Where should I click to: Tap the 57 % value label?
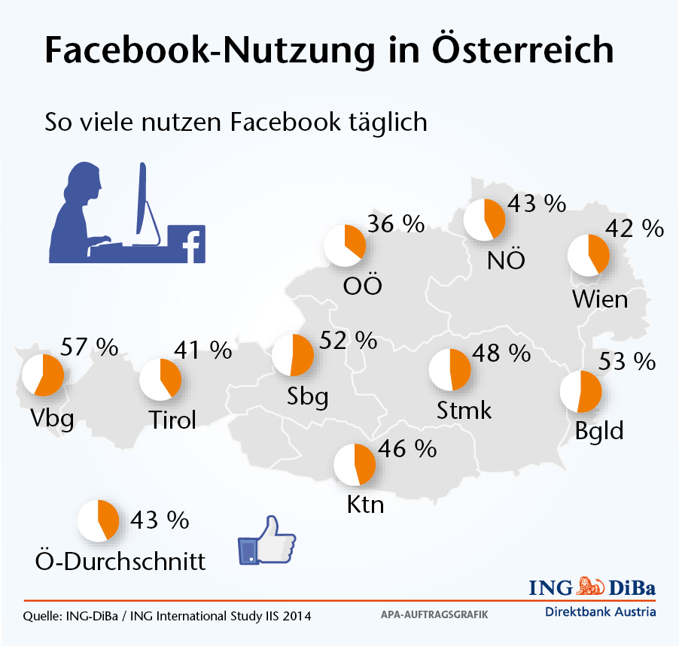click(88, 347)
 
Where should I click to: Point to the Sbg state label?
click(307, 396)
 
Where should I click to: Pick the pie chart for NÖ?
click(484, 220)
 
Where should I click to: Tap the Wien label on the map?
click(599, 299)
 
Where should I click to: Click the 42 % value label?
click(635, 228)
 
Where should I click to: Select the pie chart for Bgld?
click(580, 391)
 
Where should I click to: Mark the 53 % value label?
click(627, 362)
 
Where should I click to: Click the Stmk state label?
click(464, 410)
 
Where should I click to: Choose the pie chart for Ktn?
click(354, 465)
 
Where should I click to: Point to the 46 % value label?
click(406, 449)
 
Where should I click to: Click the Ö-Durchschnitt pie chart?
click(98, 520)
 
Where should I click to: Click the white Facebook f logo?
click(193, 246)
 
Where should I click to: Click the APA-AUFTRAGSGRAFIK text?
click(435, 614)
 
